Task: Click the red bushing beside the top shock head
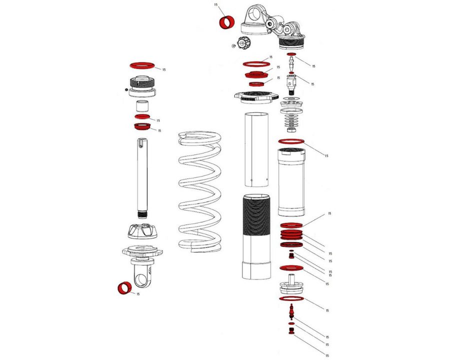coord(228,23)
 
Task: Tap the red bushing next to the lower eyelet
coord(124,288)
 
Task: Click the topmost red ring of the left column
coord(142,65)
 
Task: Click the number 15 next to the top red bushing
coord(216,4)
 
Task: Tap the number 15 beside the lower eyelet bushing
coord(138,294)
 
